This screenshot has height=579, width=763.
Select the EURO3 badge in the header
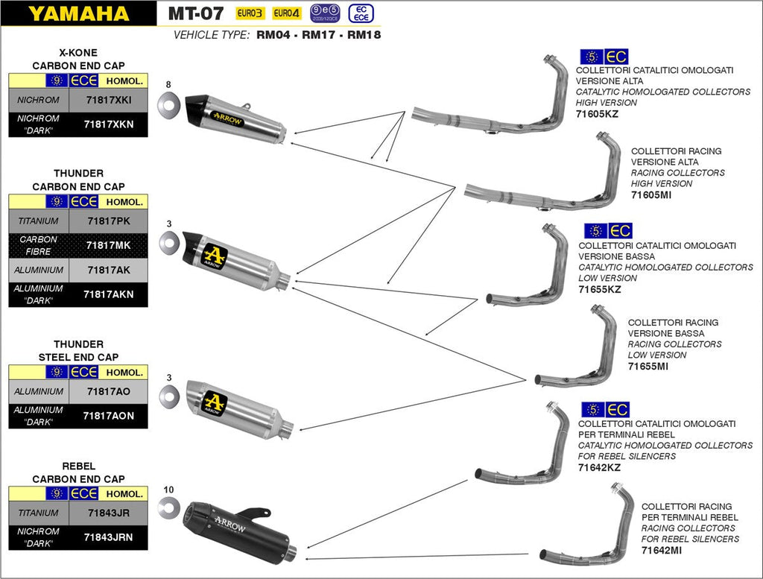pos(250,13)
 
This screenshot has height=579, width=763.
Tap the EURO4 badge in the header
pos(286,13)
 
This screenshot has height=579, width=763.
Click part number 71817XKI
pos(108,100)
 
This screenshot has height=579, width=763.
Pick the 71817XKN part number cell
pos(109,124)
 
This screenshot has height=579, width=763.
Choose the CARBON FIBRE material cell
pos(39,245)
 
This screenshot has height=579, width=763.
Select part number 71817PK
pos(108,221)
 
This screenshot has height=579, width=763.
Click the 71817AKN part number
pos(109,294)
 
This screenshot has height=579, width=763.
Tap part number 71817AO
pos(108,391)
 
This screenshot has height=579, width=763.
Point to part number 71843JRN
pos(108,537)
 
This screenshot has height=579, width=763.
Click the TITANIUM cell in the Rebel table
pos(38,513)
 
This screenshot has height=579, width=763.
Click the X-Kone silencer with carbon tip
pos(235,119)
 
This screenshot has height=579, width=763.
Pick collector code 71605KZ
pos(598,114)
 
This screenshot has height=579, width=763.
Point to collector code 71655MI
pos(648,367)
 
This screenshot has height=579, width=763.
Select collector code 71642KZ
pos(600,467)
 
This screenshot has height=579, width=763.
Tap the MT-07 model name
pos(195,13)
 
